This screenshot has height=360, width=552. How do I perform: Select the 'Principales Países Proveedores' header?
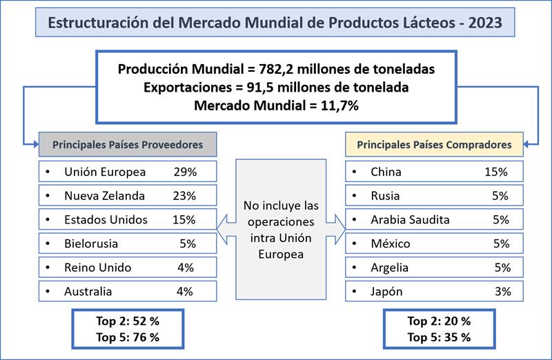(x=128, y=145)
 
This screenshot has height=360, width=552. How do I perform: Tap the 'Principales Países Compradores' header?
(x=433, y=145)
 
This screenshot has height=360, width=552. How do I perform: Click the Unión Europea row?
(x=128, y=171)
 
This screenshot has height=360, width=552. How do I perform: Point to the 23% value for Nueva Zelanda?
(x=184, y=195)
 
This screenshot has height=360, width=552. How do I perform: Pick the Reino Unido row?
(x=128, y=268)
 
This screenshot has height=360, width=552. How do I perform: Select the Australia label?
(x=88, y=292)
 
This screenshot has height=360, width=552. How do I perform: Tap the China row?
(x=434, y=171)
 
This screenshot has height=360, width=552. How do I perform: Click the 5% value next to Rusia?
(x=501, y=195)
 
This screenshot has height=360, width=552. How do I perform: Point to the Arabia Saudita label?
(x=410, y=219)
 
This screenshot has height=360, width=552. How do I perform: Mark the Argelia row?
(x=434, y=268)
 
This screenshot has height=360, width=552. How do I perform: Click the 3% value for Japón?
(x=502, y=292)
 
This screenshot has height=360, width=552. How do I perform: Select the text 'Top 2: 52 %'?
(x=128, y=321)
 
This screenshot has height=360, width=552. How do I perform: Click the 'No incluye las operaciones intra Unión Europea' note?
(x=281, y=230)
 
